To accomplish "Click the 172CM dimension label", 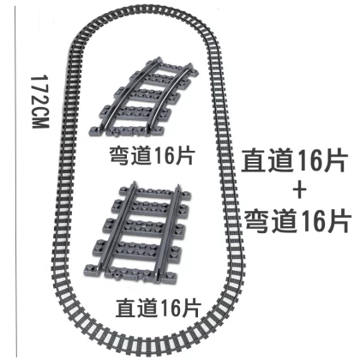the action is (x=40, y=102).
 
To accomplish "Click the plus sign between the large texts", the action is (x=299, y=192).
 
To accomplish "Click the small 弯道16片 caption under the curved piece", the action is (x=153, y=156).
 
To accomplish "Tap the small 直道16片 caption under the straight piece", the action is (x=159, y=307).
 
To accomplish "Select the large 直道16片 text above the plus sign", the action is (x=294, y=160).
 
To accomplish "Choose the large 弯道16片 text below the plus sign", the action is (x=297, y=220).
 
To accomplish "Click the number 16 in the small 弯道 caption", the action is (x=164, y=156).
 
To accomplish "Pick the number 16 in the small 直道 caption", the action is (x=170, y=308).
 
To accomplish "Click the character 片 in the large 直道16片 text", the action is (x=335, y=160).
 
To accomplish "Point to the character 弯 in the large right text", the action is (x=257, y=221).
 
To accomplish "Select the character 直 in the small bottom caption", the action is (x=126, y=308).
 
